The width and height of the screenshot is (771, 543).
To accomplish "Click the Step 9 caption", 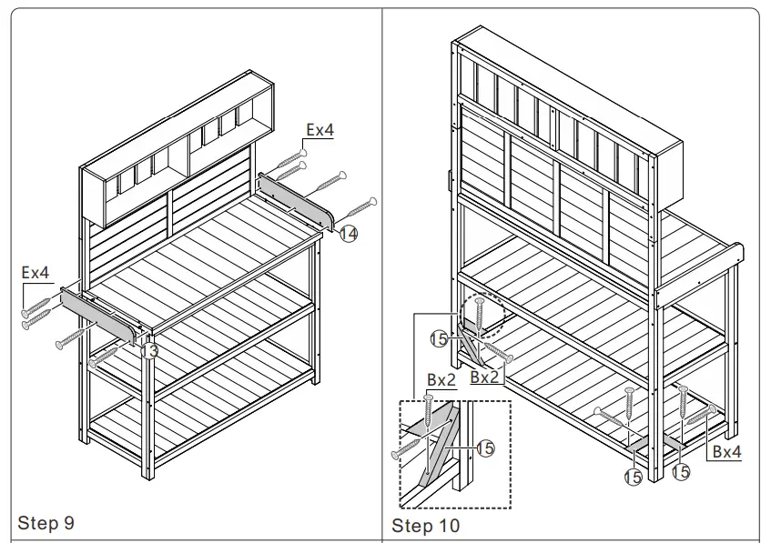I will pos(46,523).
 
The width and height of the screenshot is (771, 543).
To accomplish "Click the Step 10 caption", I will pos(425,526).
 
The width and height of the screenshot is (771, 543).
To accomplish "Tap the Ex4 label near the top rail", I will pos(320,130).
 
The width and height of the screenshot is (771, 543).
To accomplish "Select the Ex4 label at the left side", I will pos(36,272).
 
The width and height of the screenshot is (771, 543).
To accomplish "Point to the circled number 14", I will pos(349,234).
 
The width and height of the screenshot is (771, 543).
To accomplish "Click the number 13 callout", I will pos(150,349).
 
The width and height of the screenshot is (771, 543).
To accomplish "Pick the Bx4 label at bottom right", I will pos(726,450).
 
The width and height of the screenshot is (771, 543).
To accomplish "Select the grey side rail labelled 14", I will pos(297,200).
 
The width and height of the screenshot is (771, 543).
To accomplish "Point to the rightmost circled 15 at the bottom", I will pos(681,473).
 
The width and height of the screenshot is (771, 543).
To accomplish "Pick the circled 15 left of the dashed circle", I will pos(439,338).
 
